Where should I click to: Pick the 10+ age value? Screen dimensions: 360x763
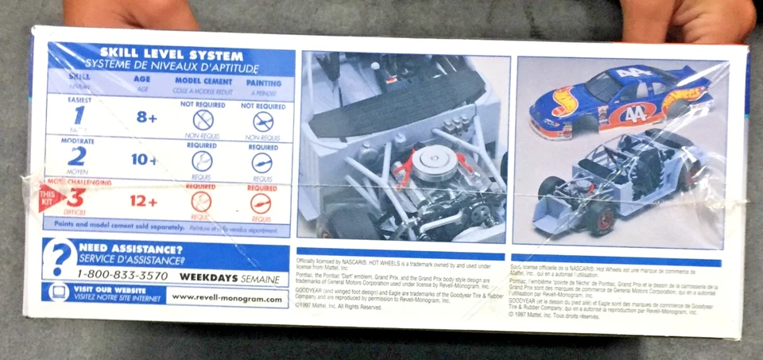pyautogui.click(x=144, y=159)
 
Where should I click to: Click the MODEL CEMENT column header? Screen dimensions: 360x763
pyautogui.click(x=203, y=82)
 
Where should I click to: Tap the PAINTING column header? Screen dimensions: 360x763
pyautogui.click(x=263, y=83)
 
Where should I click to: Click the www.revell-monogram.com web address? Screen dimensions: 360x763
pyautogui.click(x=227, y=299)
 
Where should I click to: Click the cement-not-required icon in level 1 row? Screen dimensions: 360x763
pyautogui.click(x=203, y=121)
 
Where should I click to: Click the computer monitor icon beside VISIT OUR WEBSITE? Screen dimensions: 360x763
pyautogui.click(x=57, y=292)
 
